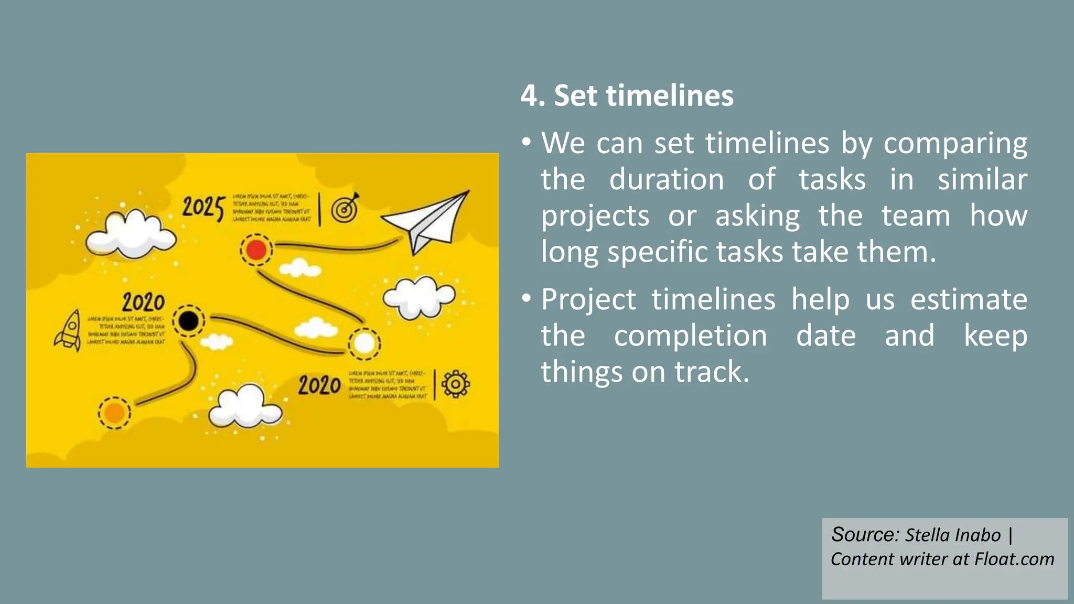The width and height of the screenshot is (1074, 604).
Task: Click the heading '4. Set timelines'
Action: point(627,96)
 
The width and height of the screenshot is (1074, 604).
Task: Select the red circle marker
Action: point(256,250)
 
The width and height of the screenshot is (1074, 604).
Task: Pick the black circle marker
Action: point(189,320)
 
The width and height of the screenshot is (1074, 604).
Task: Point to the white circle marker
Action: point(364,344)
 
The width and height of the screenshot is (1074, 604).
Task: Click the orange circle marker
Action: point(114,413)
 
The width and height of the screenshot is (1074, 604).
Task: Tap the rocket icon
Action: point(69,330)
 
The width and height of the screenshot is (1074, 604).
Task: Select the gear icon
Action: point(455,384)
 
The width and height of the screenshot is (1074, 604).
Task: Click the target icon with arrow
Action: point(345,208)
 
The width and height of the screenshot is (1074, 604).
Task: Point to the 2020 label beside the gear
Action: point(319,386)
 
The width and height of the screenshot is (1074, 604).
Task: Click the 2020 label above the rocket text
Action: point(143,303)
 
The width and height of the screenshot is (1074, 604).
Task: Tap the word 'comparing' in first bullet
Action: point(955,144)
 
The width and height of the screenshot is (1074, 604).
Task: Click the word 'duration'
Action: point(667,180)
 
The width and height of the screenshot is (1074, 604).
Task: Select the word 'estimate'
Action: point(968,300)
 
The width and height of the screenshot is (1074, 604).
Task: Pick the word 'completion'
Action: point(691,336)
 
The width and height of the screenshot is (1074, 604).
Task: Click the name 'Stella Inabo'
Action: point(952,535)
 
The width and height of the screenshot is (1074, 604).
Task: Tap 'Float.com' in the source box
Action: point(1014,559)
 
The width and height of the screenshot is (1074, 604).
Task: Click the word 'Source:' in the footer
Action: point(865,535)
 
